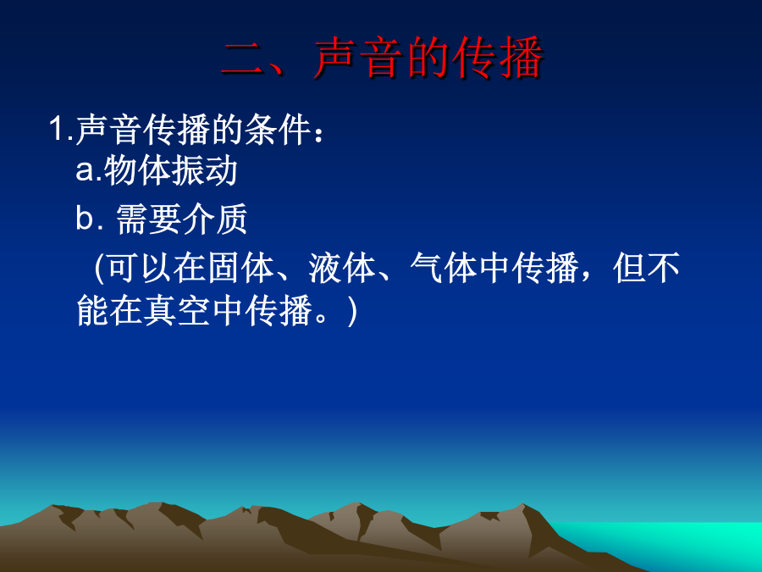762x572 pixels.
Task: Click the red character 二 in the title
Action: coord(242,59)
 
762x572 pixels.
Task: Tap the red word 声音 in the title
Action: coord(356,58)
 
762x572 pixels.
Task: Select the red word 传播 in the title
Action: coord(498,58)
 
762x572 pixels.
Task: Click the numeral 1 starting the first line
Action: coord(57,130)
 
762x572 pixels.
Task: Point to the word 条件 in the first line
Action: coord(278,130)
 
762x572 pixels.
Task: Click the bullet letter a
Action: coord(85,170)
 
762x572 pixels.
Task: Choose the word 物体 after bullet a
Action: coord(136,170)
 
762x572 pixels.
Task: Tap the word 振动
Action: coord(203,170)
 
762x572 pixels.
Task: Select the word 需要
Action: coord(149,219)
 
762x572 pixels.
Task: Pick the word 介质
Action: coord(215,219)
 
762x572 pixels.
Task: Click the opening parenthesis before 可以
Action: coord(99,268)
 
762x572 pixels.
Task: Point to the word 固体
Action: coord(240,268)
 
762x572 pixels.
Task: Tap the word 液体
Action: coord(342,268)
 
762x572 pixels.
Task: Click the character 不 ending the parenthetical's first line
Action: coord(663,268)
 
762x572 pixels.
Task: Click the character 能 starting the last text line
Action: coord(92,311)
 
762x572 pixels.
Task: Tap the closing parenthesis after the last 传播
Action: coord(352,311)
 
